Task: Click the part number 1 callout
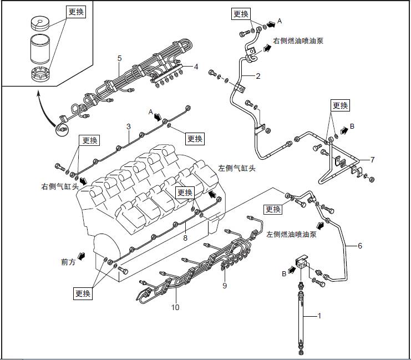(x=319, y=315)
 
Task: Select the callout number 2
(x=258, y=77)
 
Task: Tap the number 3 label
(x=128, y=126)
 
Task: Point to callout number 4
(x=196, y=67)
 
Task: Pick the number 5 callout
(x=119, y=58)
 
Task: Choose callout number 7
(x=373, y=160)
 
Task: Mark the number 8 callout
(x=185, y=237)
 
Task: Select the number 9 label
(x=225, y=286)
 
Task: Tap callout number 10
(x=175, y=306)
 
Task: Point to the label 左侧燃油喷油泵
(x=291, y=235)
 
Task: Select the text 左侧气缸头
(x=237, y=168)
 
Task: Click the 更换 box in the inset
(x=76, y=12)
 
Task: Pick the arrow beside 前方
(x=83, y=256)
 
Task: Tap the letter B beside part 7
(x=352, y=126)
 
